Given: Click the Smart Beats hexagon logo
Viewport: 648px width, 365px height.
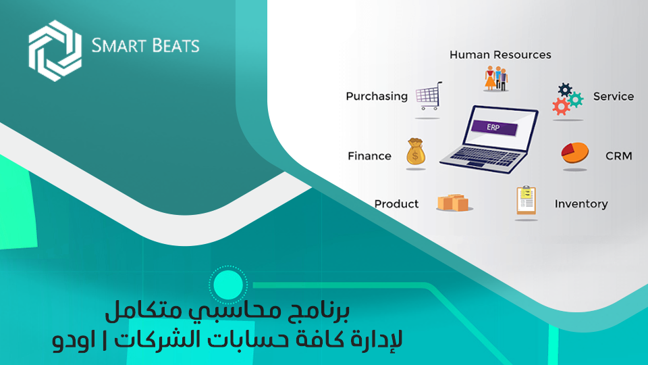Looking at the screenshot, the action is click(55, 51).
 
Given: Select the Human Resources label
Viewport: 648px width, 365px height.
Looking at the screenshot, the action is click(500, 55).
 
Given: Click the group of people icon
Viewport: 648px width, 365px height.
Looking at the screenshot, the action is click(495, 78).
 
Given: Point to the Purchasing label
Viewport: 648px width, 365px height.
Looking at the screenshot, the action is click(377, 97).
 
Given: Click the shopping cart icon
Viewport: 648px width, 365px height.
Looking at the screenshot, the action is click(429, 95).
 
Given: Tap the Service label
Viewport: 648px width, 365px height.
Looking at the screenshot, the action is click(614, 97).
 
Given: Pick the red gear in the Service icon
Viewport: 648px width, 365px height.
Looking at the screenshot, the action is click(561, 106).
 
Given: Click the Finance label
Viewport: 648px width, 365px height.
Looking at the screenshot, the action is click(369, 156).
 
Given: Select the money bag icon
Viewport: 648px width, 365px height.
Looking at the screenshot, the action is click(415, 152).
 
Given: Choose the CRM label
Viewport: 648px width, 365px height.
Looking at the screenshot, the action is click(619, 156).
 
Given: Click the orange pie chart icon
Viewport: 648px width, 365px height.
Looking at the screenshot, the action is click(575, 153).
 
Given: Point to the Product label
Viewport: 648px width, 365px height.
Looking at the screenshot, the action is click(396, 204).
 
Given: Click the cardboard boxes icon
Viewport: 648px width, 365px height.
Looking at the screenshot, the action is click(453, 202).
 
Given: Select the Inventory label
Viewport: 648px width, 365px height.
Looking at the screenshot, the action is click(581, 204).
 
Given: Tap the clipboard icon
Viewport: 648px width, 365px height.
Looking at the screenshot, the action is click(526, 200).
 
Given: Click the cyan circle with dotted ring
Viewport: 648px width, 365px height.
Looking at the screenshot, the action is click(228, 285).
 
